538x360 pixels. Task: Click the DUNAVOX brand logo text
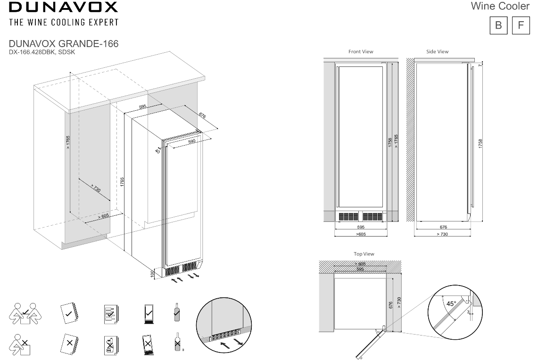[63, 8]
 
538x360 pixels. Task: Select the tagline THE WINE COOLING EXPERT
[63, 23]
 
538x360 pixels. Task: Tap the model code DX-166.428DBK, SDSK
[41, 52]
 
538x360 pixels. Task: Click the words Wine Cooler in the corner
[500, 7]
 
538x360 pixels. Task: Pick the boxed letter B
[498, 25]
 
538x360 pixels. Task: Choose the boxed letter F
[521, 25]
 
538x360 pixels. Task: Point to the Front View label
[361, 51]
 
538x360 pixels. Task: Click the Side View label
[437, 51]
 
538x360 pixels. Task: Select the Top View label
[364, 254]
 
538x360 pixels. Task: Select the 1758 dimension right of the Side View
[480, 144]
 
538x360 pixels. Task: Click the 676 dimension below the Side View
[443, 227]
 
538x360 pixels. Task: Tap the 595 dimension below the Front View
[361, 227]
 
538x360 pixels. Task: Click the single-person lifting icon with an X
[20, 344]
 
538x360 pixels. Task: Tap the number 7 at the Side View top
[480, 65]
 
